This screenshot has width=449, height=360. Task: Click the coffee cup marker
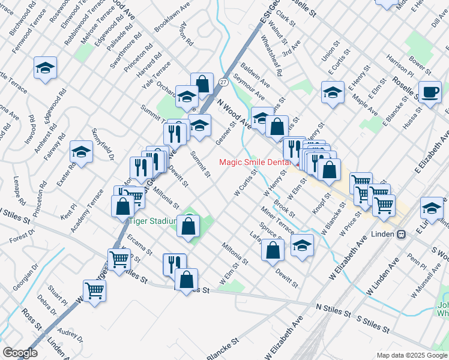click(430, 92)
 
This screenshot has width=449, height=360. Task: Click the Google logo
click(20, 352)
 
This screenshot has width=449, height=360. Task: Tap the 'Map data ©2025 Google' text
click(412, 355)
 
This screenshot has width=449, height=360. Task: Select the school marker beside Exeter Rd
click(81, 152)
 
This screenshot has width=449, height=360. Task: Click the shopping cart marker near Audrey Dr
click(95, 291)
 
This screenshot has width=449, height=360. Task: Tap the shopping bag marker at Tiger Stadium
click(189, 226)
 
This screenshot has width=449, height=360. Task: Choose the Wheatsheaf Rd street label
click(273, 55)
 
